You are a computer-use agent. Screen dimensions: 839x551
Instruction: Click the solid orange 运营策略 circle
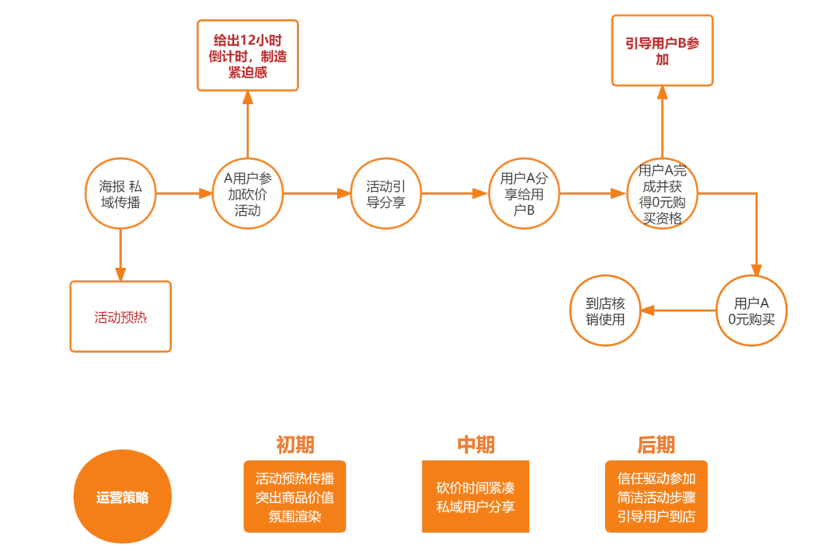click(x=123, y=497)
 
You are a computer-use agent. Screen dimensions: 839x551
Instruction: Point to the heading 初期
click(x=295, y=445)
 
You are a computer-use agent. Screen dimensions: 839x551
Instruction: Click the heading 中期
click(x=475, y=445)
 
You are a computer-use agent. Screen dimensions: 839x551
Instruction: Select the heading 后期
click(x=656, y=445)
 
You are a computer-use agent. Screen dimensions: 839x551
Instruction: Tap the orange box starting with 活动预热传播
click(x=295, y=497)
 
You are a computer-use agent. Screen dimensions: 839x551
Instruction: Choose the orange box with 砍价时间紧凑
click(x=475, y=497)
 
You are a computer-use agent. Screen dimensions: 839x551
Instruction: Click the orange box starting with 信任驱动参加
click(x=656, y=497)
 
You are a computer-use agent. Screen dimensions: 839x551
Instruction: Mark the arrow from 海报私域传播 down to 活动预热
click(x=120, y=255)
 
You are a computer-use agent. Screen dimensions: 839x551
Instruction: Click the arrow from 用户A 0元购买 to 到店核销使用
click(x=678, y=310)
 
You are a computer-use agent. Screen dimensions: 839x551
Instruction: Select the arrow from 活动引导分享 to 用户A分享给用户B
click(x=454, y=193)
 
